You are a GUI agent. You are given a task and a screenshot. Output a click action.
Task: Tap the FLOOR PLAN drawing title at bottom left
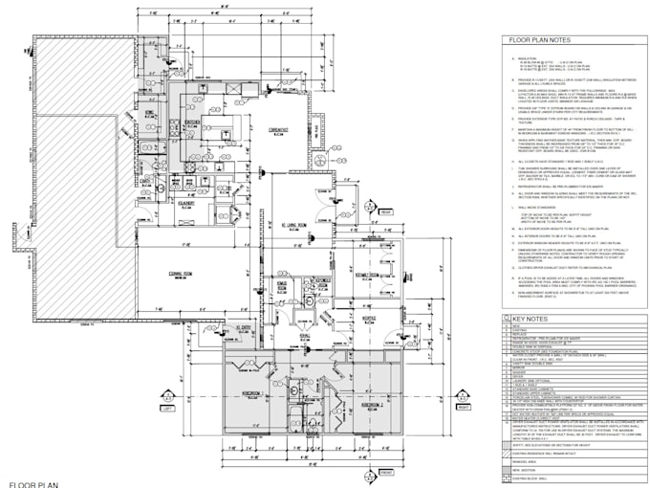(x=33, y=483)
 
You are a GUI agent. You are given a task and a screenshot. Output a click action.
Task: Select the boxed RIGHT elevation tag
(x=465, y=407)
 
